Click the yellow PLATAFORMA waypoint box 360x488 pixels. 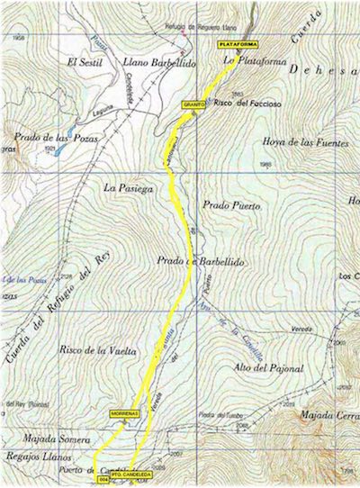pos(236,43)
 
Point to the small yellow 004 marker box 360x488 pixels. pos(103,480)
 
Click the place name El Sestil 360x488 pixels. pos(86,62)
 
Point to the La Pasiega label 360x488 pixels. pos(125,188)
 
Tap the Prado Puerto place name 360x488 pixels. pos(231,206)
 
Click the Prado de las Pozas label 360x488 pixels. pos(56,136)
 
